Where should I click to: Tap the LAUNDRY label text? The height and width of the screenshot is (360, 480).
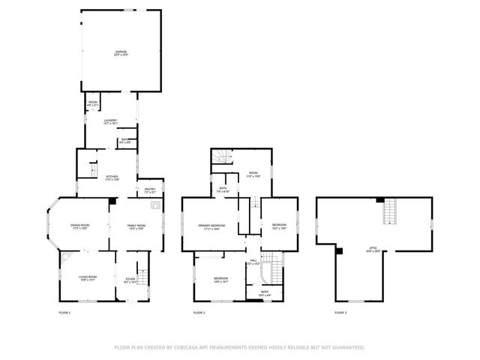coord(110,121)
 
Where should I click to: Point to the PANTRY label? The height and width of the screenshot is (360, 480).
coord(149,190)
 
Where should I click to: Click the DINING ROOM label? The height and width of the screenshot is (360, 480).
coord(79,226)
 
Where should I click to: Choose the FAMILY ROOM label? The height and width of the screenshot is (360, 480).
coord(136,226)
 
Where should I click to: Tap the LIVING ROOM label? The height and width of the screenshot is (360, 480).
coord(88,278)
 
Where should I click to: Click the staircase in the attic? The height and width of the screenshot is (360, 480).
coord(389,214)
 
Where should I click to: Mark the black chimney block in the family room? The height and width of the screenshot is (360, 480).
coord(112,200)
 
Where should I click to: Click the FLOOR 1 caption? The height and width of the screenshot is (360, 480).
coord(64,312)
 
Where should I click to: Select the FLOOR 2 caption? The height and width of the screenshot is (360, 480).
coord(199,312)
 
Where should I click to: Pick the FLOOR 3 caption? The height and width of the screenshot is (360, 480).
coord(340,312)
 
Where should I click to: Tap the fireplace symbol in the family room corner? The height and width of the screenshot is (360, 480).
coord(155,203)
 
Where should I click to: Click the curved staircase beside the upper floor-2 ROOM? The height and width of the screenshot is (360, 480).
coord(219,157)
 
